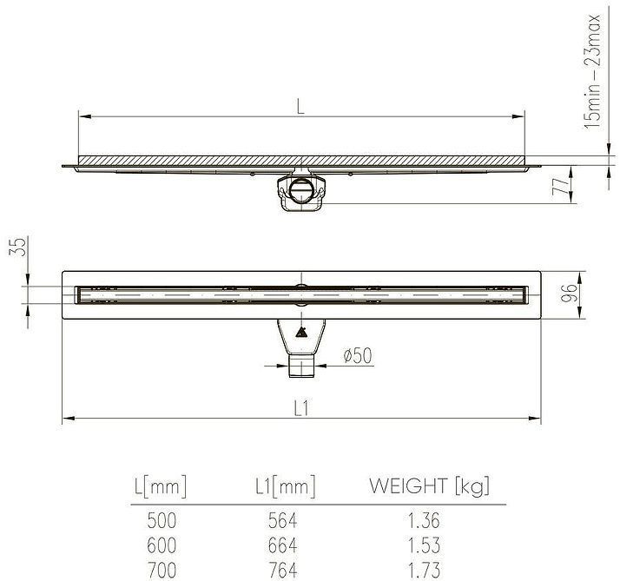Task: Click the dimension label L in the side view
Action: click(x=300, y=107)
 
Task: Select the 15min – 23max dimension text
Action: click(x=594, y=71)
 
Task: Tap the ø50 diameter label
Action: click(x=357, y=355)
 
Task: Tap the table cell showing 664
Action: click(x=281, y=546)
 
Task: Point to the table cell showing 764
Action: click(x=281, y=571)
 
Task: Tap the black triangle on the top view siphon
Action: click(x=300, y=332)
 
